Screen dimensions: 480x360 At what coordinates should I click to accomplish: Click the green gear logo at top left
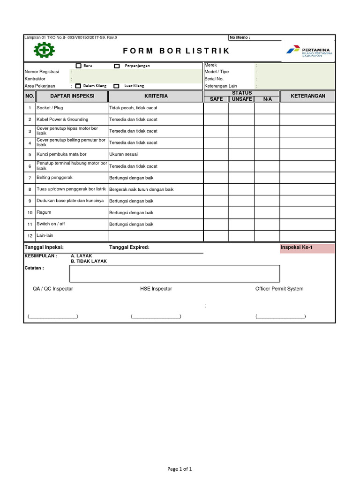(x=44, y=51)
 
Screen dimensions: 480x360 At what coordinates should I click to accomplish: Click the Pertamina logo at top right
(x=308, y=51)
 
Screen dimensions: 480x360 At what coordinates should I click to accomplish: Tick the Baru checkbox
(x=79, y=66)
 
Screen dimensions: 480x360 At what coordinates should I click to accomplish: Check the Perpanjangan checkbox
(x=117, y=66)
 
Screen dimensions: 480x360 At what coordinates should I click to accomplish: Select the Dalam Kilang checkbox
(x=78, y=86)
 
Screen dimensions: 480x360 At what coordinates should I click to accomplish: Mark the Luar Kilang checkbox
(x=116, y=86)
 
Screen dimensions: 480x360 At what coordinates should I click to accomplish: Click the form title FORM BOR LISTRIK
(x=177, y=51)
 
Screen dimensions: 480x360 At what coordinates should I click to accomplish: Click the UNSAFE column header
(x=241, y=99)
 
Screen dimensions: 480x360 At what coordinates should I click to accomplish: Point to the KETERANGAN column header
(x=307, y=96)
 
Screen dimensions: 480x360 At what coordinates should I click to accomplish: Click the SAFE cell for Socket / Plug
(x=216, y=108)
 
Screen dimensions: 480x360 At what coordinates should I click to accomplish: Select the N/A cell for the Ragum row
(x=267, y=213)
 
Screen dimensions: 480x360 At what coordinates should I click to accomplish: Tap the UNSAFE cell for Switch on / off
(x=241, y=225)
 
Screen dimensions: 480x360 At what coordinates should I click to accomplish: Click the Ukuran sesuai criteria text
(x=123, y=154)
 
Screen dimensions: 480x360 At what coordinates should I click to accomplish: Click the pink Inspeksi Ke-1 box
(x=307, y=247)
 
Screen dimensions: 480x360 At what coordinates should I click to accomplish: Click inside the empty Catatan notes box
(x=174, y=273)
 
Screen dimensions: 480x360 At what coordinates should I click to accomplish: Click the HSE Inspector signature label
(x=156, y=289)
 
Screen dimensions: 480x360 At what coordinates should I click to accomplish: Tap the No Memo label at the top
(x=240, y=37)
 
